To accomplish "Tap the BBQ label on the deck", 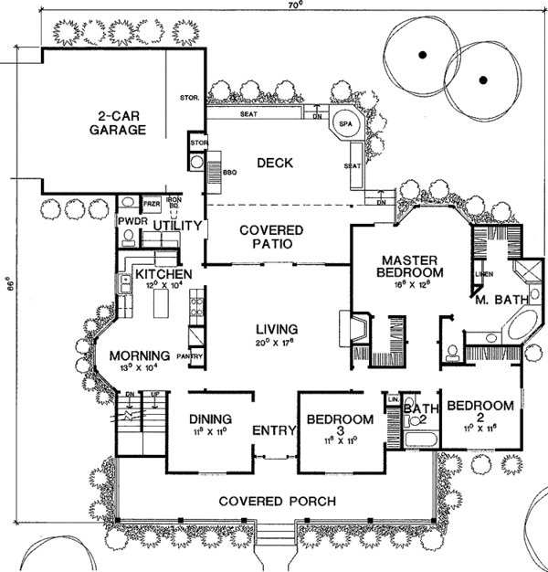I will pyautogui.click(x=216, y=170).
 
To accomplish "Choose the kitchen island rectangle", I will pyautogui.click(x=164, y=301).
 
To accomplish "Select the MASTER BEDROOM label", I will pyautogui.click(x=412, y=265).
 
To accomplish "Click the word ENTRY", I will pyautogui.click(x=272, y=430).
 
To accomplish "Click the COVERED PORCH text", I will pyautogui.click(x=277, y=501).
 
